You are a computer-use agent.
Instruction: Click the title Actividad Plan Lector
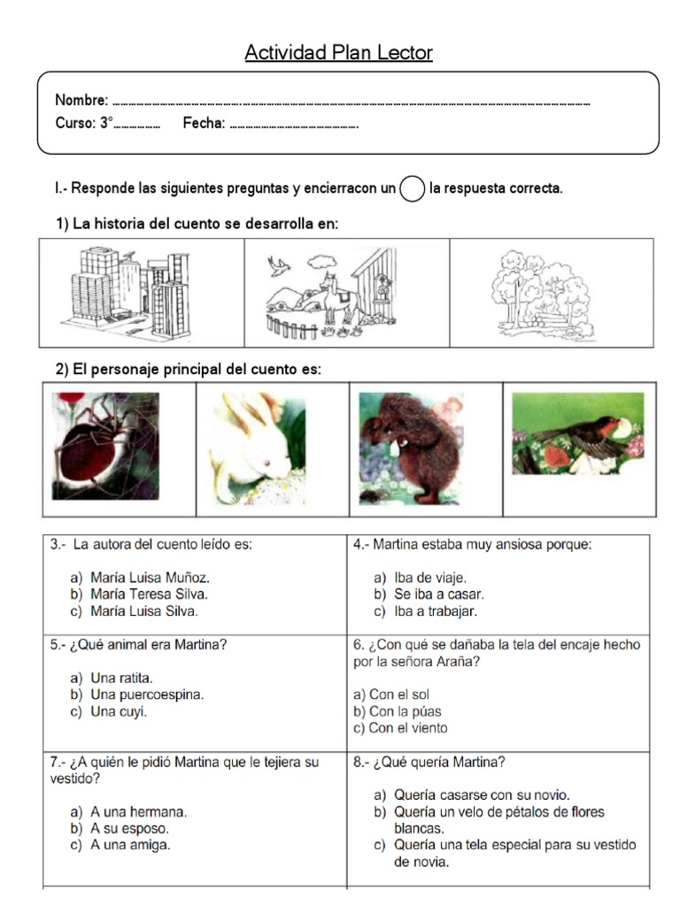[339, 54]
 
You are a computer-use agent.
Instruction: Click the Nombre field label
[81, 100]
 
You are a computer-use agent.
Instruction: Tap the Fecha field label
[204, 124]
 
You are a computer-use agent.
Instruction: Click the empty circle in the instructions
[412, 189]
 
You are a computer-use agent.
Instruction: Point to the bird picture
[578, 434]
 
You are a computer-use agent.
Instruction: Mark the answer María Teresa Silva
[149, 595]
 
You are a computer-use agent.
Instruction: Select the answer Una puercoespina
[147, 695]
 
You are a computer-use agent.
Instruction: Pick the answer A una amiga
[130, 845]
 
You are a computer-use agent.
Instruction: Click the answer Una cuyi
[119, 711]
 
